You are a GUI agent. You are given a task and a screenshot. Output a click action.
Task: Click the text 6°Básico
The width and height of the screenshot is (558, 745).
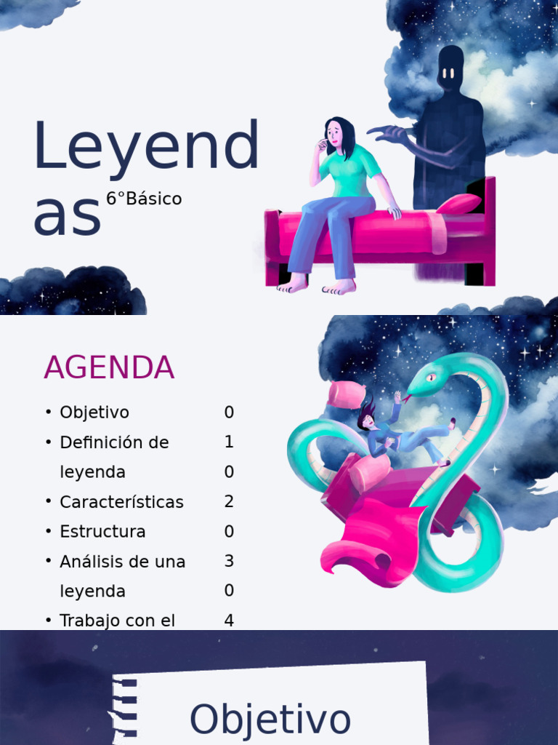pyautogui.click(x=144, y=199)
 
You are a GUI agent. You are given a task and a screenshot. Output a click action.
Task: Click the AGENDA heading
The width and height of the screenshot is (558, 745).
pyautogui.click(x=109, y=368)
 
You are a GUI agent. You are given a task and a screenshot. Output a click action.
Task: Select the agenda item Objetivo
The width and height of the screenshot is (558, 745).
pyautogui.click(x=94, y=413)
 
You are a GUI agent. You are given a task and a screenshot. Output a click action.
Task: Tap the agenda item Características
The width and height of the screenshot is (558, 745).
pyautogui.click(x=121, y=502)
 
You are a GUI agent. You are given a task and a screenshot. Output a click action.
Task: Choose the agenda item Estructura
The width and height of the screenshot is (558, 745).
pyautogui.click(x=102, y=532)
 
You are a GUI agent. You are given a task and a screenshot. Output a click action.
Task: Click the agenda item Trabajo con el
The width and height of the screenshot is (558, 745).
pyautogui.click(x=117, y=621)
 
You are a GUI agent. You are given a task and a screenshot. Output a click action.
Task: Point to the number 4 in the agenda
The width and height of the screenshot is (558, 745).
pyautogui.click(x=229, y=621)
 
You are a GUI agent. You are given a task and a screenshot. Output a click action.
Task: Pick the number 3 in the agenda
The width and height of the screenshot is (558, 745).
pyautogui.click(x=229, y=561)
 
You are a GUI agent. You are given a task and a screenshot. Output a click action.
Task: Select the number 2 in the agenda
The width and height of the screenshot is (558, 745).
pyautogui.click(x=229, y=502)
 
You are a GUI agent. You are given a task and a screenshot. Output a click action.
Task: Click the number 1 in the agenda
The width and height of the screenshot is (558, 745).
pyautogui.click(x=229, y=442)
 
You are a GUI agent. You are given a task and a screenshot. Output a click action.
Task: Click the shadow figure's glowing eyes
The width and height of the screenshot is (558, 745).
pyautogui.click(x=448, y=73)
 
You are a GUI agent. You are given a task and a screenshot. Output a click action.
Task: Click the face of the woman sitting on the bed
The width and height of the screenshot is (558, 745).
pyautogui.click(x=334, y=134)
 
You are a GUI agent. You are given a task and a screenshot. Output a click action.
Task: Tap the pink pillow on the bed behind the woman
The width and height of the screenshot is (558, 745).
pyautogui.click(x=458, y=204)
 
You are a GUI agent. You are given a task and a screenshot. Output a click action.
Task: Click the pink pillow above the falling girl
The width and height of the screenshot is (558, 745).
pyautogui.click(x=346, y=394)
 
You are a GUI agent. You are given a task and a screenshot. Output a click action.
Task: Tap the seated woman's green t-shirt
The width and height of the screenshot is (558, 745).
pyautogui.click(x=348, y=172)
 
